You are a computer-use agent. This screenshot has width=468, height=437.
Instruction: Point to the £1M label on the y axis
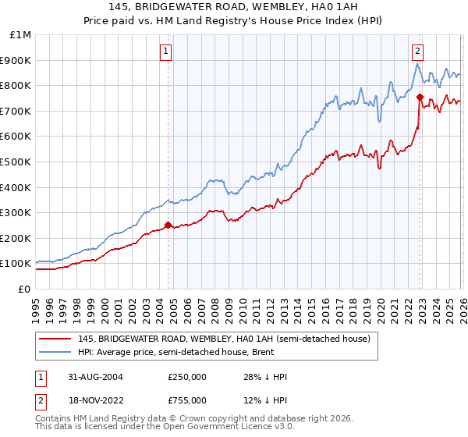[20, 34]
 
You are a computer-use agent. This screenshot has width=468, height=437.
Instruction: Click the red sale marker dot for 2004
[168, 225]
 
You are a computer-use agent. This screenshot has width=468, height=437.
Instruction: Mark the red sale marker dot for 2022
[420, 97]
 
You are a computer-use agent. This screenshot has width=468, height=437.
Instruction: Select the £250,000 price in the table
[186, 377]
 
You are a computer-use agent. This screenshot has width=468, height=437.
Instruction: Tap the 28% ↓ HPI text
[265, 377]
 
